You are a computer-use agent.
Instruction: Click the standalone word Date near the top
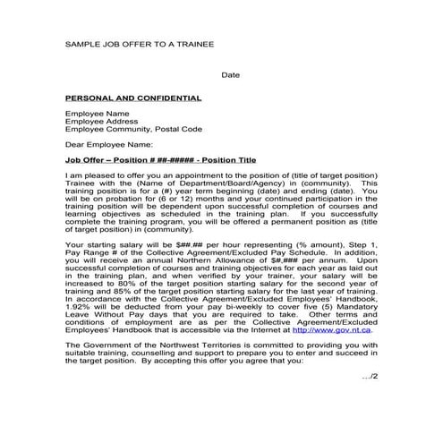pos(230,74)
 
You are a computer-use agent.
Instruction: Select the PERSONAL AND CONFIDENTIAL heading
pos(133,98)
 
